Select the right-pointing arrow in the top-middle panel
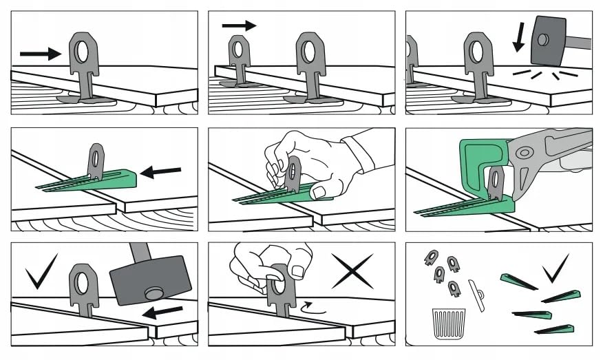pos(239,25)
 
